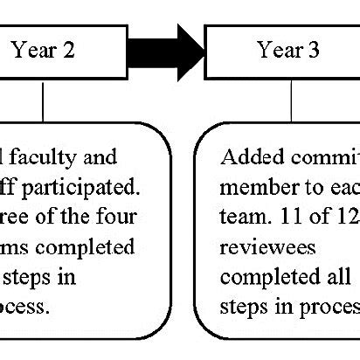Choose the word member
pyautogui.click(x=253, y=187)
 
